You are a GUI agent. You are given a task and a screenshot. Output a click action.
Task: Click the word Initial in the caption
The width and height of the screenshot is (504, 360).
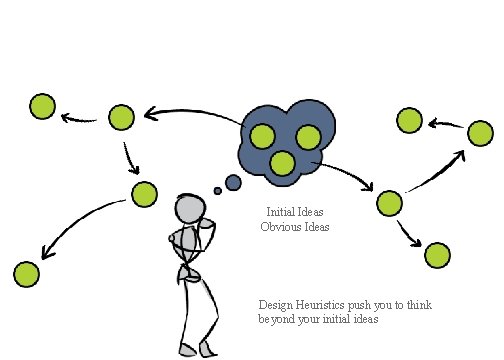(x=281, y=213)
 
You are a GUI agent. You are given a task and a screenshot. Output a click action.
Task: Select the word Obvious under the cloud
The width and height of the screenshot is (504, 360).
(x=281, y=227)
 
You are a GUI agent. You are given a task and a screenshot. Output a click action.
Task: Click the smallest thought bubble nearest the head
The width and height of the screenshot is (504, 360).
(x=216, y=190)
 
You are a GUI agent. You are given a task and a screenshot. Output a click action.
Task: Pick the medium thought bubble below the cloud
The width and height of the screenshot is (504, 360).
(x=233, y=182)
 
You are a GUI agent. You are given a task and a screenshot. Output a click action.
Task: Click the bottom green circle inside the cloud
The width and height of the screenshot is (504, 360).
(x=284, y=162)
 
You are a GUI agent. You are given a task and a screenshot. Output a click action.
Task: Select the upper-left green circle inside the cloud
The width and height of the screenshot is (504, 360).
(x=263, y=136)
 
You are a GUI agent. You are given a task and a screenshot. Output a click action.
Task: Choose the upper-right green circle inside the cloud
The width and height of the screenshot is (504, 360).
(x=308, y=136)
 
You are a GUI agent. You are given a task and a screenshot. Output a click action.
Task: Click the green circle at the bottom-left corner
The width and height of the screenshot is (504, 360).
(x=26, y=273)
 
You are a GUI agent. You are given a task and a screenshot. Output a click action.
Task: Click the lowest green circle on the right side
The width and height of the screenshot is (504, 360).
(x=437, y=255)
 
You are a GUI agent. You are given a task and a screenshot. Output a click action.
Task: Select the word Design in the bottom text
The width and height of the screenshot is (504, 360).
(x=275, y=304)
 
